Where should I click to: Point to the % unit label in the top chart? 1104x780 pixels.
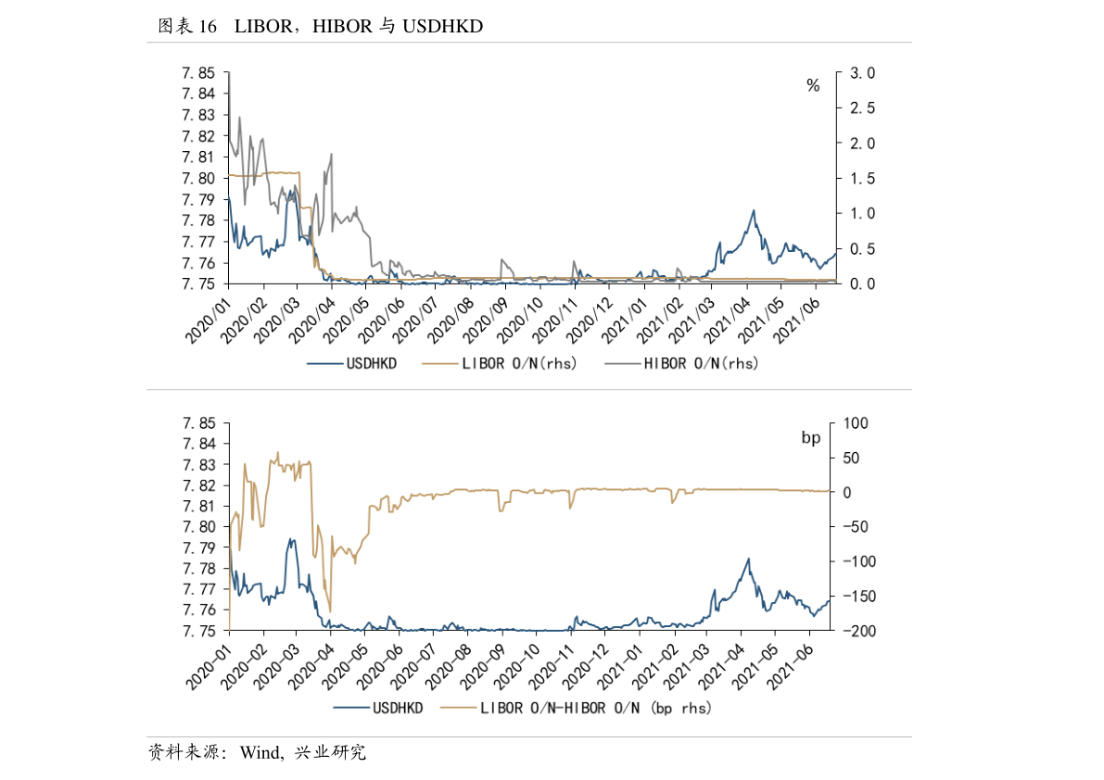tap(813, 86)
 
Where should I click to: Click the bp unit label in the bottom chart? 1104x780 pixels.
tap(811, 436)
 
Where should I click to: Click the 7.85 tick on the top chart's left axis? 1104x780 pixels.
tap(198, 73)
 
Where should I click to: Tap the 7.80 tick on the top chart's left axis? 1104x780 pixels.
tap(198, 178)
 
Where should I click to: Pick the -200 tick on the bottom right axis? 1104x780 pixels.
tap(851, 631)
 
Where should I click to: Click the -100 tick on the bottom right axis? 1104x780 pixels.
tap(851, 561)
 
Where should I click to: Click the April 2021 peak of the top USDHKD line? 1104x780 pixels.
tap(754, 211)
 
